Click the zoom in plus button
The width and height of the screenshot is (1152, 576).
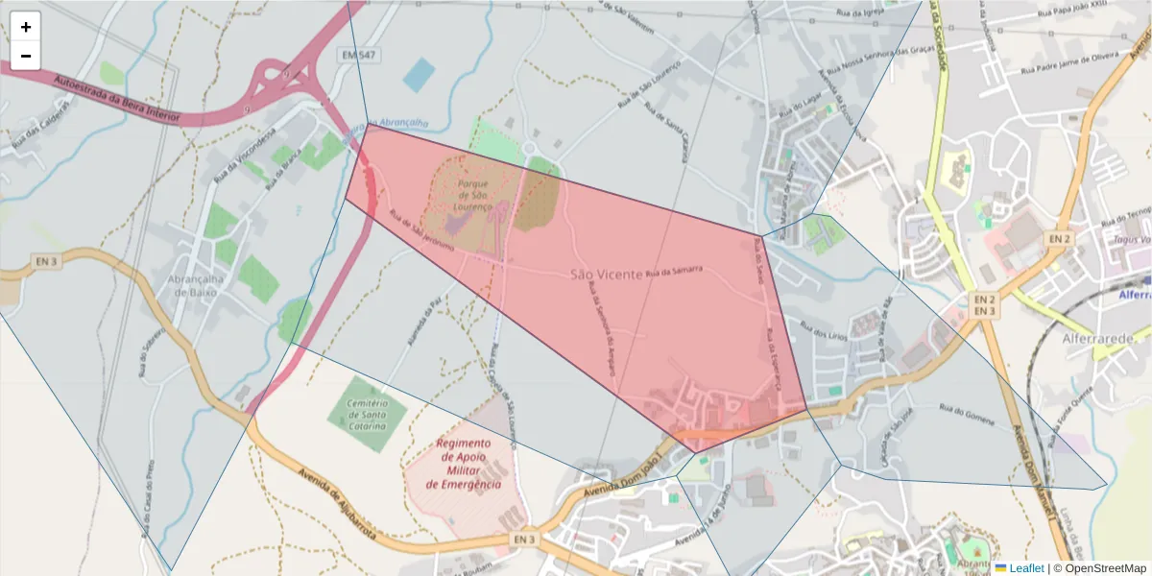pos(26,27)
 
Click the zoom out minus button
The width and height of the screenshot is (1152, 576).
pos(26,56)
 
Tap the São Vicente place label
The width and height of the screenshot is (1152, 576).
pos(606,275)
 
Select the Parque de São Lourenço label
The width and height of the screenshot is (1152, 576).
pos(474,195)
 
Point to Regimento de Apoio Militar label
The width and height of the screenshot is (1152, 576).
pos(464,464)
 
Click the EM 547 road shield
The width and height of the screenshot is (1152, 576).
pos(358,57)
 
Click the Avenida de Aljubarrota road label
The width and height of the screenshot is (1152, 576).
pos(335,503)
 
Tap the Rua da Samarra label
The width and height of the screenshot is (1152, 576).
pos(674,273)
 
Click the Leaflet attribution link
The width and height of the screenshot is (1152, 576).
pos(1025,568)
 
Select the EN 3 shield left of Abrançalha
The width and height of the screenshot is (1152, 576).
pos(46,261)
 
